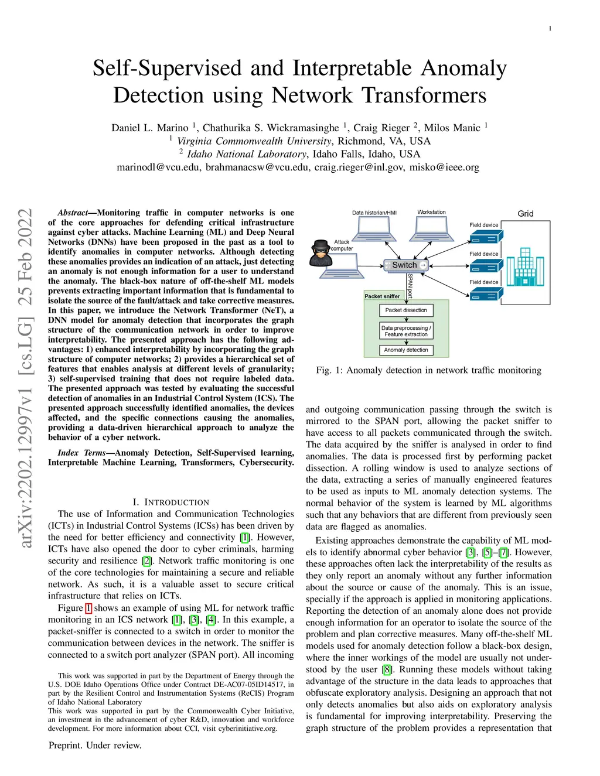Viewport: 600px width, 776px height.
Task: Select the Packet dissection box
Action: tap(406, 310)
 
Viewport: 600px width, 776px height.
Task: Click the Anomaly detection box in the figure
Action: tap(406, 350)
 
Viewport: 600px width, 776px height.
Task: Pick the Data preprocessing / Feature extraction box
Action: tap(406, 331)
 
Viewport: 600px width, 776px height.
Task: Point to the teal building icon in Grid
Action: tap(525, 266)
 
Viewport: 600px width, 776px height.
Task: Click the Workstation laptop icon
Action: tap(431, 228)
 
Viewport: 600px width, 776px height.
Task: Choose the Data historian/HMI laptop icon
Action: tap(374, 229)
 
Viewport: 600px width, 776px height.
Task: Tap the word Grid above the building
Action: tap(526, 214)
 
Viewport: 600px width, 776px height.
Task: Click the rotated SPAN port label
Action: tap(410, 285)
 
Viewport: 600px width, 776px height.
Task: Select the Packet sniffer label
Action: tap(382, 296)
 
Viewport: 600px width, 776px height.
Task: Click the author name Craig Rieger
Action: tap(381, 128)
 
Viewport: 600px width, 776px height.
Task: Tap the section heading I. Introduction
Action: tap(171, 502)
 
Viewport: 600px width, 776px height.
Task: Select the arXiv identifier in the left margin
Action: tap(25, 378)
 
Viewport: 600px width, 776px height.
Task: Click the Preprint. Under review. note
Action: tap(95, 745)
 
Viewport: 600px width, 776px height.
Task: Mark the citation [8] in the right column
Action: tap(387, 669)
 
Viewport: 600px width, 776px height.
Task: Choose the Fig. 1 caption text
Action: tap(428, 370)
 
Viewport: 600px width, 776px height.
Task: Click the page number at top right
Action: tap(550, 28)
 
